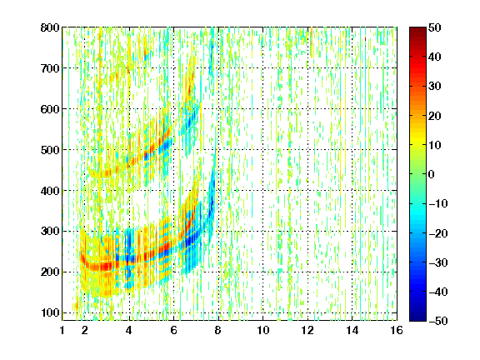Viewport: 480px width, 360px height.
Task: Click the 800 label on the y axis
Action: pyautogui.click(x=50, y=27)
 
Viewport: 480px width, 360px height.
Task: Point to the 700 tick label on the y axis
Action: pyautogui.click(x=50, y=68)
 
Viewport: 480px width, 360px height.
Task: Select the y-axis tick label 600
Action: pyautogui.click(x=50, y=109)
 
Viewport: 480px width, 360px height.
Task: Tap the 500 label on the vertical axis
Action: pyautogui.click(x=50, y=150)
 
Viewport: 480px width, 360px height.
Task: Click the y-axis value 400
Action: pyautogui.click(x=50, y=191)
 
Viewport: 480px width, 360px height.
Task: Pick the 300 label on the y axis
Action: pyautogui.click(x=50, y=232)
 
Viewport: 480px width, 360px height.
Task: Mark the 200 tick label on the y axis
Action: pyautogui.click(x=50, y=272)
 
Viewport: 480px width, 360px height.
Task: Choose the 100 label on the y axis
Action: pyautogui.click(x=50, y=312)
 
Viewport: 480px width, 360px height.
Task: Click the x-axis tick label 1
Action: pyautogui.click(x=62, y=330)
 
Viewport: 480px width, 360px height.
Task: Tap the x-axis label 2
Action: pyautogui.click(x=85, y=330)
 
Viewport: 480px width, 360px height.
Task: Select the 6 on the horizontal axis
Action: pyautogui.click(x=174, y=330)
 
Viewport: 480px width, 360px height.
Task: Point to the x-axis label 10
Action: pyautogui.click(x=263, y=330)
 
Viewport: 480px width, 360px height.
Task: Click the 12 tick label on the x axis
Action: pyautogui.click(x=307, y=330)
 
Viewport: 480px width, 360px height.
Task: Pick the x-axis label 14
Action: pyautogui.click(x=352, y=330)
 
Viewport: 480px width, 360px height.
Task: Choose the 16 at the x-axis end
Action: pyautogui.click(x=397, y=330)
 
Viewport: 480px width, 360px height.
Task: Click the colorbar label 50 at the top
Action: pyautogui.click(x=434, y=27)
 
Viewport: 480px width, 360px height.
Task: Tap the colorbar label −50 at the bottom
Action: pyautogui.click(x=438, y=321)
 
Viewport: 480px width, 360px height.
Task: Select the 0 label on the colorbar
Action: pyautogui.click(x=432, y=174)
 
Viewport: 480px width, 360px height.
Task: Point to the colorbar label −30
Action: pyautogui.click(x=438, y=262)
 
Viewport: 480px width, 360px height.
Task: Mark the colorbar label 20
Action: pyautogui.click(x=434, y=116)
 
